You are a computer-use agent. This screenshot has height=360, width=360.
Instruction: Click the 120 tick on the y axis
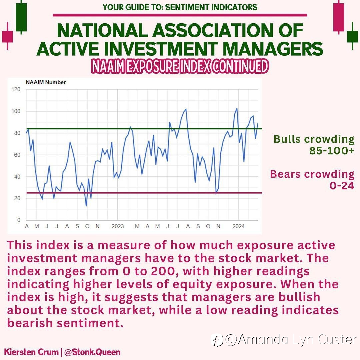16,89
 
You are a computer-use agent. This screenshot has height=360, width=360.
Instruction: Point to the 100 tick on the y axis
16,111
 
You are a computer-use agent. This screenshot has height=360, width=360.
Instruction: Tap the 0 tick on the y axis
19,220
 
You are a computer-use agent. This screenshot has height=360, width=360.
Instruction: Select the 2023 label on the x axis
118,226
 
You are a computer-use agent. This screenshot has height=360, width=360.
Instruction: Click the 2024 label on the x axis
239,226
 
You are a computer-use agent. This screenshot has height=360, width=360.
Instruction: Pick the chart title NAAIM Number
46,82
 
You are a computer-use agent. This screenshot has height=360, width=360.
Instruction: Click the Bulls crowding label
314,139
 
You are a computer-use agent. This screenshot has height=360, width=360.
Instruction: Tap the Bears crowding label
312,174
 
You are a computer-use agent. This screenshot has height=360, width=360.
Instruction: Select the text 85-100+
332,151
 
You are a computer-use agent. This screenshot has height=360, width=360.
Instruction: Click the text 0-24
342,186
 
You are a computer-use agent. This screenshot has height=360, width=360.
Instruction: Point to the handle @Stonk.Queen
92,352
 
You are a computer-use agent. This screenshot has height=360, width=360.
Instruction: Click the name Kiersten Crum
31,352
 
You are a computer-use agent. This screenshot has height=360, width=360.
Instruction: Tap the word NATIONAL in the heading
102,31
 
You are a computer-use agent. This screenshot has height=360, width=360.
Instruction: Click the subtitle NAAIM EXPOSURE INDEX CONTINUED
180,66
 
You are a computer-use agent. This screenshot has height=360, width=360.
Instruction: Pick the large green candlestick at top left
21,17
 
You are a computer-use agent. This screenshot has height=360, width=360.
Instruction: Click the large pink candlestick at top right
339,17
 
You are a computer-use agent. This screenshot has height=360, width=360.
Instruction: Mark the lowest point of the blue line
86,206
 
